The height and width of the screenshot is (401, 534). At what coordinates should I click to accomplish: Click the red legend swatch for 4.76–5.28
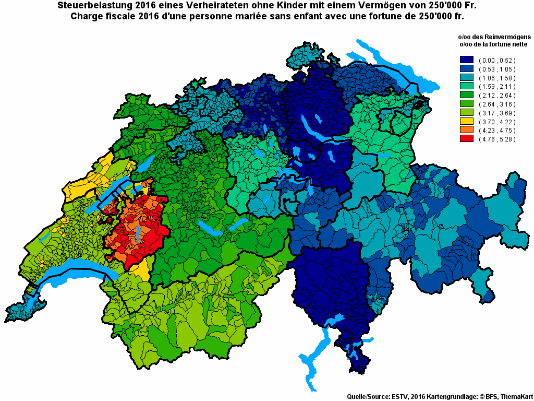tap(467, 139)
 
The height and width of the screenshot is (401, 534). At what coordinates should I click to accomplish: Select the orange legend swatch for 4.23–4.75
tap(467, 130)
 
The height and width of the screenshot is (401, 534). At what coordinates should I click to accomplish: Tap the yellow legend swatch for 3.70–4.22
tap(467, 121)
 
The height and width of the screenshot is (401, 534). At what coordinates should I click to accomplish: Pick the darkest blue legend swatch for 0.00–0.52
tap(467, 60)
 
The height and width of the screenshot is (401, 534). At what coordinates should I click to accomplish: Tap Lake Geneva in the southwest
tap(73, 277)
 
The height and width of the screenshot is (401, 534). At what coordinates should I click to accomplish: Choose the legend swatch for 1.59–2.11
tap(467, 86)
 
